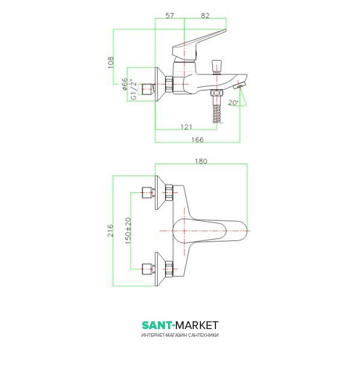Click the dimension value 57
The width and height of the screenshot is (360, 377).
pos(169,16)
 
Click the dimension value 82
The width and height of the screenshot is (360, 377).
pos(206,16)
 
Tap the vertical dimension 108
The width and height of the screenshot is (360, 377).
pos(110,62)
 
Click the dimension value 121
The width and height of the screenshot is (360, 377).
pos(187,126)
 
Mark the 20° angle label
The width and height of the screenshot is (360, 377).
pos(233,103)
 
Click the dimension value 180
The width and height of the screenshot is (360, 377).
pos(202,161)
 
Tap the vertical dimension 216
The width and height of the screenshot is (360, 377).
pos(110,231)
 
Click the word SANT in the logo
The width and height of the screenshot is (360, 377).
pos(155,325)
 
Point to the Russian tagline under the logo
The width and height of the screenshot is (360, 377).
pos(180,335)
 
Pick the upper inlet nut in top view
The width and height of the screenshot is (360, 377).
pos(167,192)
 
